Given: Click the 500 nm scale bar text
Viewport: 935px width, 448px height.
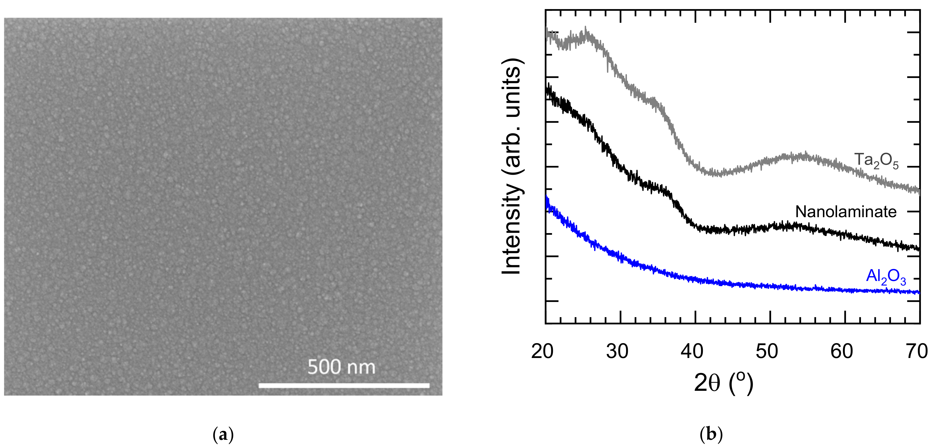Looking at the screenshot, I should coord(341,367).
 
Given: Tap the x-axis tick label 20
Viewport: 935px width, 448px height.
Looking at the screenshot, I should coord(542,351).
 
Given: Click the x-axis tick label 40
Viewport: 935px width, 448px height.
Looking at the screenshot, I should coord(692,351).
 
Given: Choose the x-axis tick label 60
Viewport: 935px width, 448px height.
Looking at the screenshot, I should coord(842,351).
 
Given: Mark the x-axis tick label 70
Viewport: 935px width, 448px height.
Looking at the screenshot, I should coord(917,351).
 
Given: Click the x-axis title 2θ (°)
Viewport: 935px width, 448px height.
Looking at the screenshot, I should coord(723,383).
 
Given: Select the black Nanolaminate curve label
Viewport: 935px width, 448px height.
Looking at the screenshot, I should coord(846,212).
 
